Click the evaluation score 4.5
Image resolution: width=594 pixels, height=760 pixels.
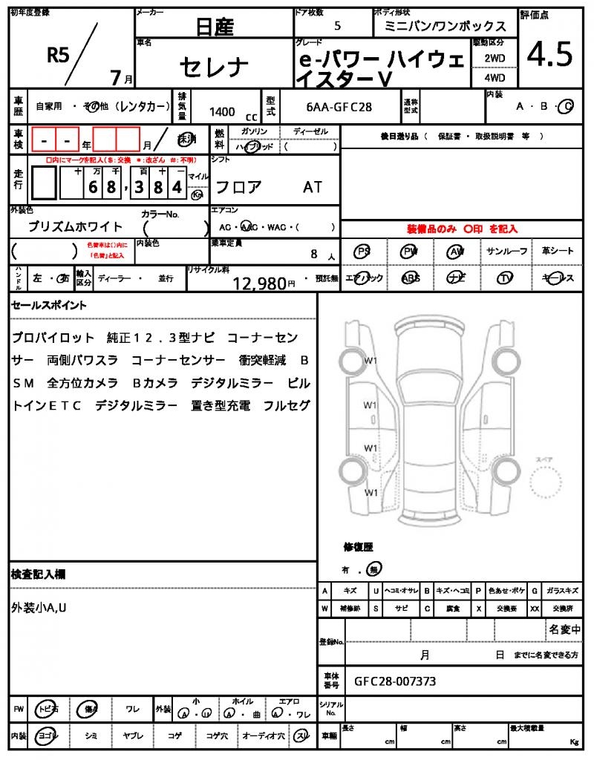click(549, 55)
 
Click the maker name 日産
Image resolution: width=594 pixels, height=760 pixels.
click(215, 27)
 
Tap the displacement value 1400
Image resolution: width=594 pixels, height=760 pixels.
click(222, 112)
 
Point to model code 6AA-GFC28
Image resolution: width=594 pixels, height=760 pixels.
click(339, 107)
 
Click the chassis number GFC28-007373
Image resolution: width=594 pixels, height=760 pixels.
click(395, 681)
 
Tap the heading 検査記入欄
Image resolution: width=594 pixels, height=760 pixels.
click(39, 574)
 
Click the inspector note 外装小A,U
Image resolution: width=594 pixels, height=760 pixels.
click(41, 608)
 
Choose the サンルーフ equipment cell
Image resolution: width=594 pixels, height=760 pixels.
click(507, 252)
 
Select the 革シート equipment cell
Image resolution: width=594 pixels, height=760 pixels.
click(558, 252)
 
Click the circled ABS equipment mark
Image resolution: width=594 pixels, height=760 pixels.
click(410, 278)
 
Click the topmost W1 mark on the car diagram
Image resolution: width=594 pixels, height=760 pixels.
click(371, 361)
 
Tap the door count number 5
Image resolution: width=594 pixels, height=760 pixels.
click(338, 26)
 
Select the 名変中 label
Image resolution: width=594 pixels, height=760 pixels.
click(564, 630)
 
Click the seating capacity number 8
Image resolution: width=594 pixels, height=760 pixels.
click(314, 254)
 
